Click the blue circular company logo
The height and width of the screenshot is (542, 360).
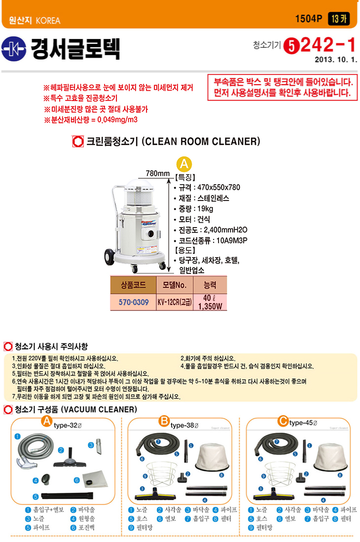tap(13, 49)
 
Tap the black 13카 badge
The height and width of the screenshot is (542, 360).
tap(339, 19)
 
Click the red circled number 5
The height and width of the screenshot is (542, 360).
tap(291, 46)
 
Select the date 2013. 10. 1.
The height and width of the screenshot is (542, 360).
tap(336, 60)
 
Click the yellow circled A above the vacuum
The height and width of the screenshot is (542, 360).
tap(184, 164)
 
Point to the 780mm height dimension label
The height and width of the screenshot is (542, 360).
tap(158, 173)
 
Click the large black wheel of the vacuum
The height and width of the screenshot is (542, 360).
tap(110, 257)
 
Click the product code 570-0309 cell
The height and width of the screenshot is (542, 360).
tap(134, 302)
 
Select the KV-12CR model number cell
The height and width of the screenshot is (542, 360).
tap(175, 302)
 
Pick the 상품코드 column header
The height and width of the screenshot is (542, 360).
tap(134, 285)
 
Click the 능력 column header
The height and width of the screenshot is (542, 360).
tap(210, 285)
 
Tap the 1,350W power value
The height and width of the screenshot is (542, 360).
tap(210, 306)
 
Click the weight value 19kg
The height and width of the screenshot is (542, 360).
tap(205, 209)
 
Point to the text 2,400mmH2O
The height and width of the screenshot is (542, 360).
tap(225, 230)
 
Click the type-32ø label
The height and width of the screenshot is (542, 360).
tap(68, 425)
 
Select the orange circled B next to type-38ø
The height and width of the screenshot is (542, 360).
tap(164, 421)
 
